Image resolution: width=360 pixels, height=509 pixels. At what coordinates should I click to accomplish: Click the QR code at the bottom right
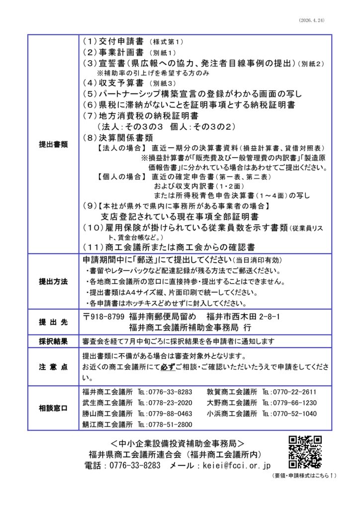pyautogui.click(x=305, y=452)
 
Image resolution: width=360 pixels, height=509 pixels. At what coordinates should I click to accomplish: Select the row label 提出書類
pyautogui.click(x=53, y=144)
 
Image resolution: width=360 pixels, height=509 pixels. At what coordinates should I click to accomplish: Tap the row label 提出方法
pyautogui.click(x=53, y=281)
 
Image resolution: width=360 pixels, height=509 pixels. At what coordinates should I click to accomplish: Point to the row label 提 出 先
pyautogui.click(x=53, y=322)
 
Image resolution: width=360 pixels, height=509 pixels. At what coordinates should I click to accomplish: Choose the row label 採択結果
pyautogui.click(x=53, y=341)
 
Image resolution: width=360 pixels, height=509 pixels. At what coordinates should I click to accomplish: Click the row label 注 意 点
pyautogui.click(x=53, y=367)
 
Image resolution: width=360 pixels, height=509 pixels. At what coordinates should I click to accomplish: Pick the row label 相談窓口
pyautogui.click(x=53, y=408)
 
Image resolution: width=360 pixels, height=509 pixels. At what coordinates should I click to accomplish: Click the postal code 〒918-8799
pyautogui.click(x=103, y=316)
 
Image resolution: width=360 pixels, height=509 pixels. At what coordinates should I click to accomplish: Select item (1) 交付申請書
pyautogui.click(x=115, y=42)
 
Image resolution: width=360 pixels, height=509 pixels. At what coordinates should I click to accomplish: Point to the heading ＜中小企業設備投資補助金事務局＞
pyautogui.click(x=178, y=442)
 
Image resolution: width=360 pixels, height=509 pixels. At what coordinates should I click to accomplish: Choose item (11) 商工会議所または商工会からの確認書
pyautogui.click(x=169, y=246)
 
